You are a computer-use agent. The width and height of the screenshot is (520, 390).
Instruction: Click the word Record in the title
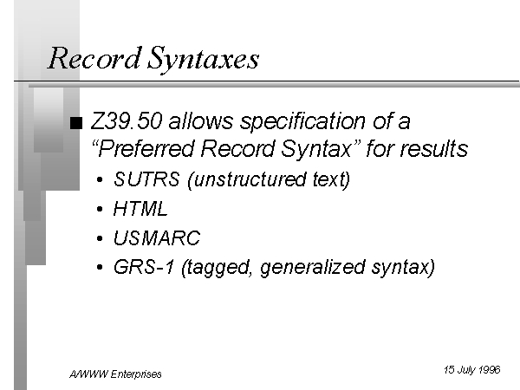coord(94,58)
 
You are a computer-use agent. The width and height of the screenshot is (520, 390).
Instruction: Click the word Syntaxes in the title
coord(203,60)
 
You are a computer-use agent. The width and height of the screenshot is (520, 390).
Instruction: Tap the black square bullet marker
coord(76,123)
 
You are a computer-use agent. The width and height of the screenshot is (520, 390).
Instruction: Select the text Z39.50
coord(127,121)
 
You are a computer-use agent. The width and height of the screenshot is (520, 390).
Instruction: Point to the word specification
coord(302,122)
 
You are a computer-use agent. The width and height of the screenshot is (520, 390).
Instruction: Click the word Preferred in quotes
coord(146,148)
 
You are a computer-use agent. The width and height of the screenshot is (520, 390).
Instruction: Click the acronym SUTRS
coord(146,179)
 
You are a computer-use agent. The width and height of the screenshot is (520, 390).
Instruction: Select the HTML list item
coord(140,209)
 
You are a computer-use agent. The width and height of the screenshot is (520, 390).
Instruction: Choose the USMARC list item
coord(157,237)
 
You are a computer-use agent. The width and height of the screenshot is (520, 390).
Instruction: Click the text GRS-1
coord(144,267)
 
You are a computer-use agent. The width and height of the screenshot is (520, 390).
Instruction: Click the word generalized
coord(313,268)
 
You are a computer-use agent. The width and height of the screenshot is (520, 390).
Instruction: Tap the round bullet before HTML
coord(100,210)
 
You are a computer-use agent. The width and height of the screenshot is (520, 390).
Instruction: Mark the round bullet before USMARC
coord(100,238)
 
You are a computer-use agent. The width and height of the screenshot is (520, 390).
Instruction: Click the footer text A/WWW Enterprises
coord(115,374)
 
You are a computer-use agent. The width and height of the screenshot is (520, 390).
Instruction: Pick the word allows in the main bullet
coord(201,121)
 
